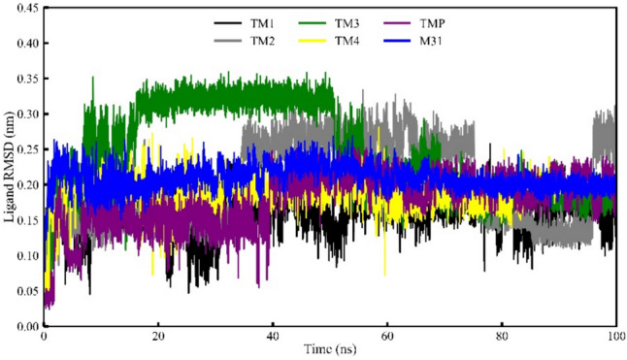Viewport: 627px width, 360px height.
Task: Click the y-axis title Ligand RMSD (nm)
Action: coord(9,168)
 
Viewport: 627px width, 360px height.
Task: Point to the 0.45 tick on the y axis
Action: coord(26,10)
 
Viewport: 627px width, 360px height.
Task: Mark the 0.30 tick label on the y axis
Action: coord(26,115)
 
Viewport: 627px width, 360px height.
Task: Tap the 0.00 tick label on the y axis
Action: coord(26,326)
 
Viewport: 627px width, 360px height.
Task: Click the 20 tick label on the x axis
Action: coord(158,337)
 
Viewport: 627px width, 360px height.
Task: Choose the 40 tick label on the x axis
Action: coord(273,337)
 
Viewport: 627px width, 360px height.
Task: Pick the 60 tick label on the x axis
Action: coord(387,337)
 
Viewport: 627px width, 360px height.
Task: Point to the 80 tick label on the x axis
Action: coord(502,337)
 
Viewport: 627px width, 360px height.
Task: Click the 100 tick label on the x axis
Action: coord(613,337)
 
